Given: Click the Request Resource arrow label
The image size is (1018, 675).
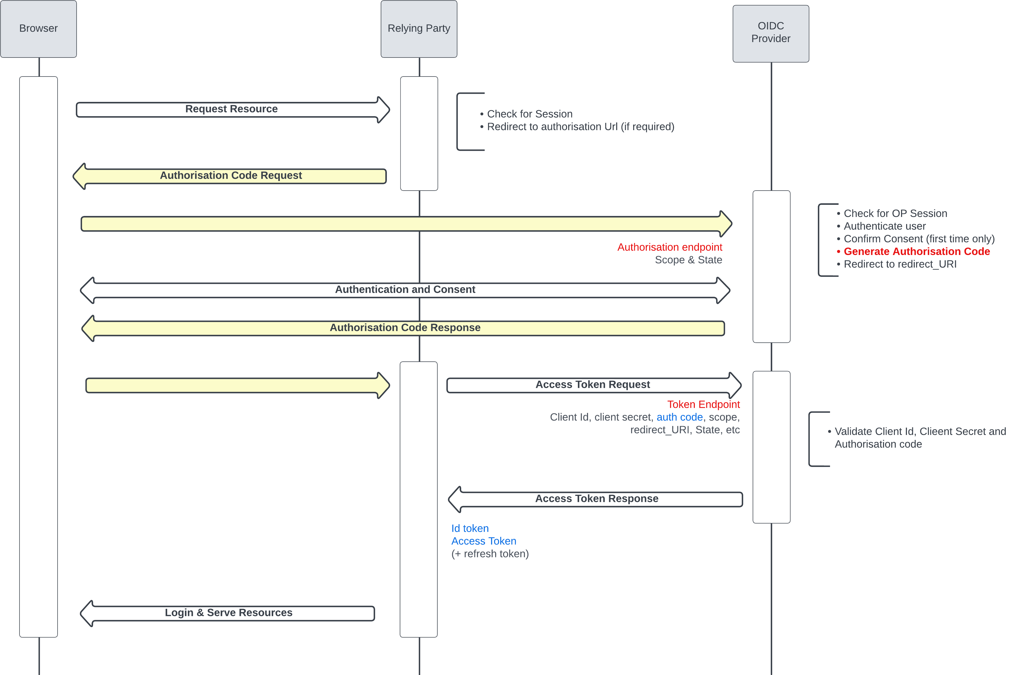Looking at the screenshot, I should tap(231, 109).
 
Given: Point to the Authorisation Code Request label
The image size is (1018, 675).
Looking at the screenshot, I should tap(231, 176).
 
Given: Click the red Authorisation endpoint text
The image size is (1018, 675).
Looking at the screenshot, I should tap(669, 247).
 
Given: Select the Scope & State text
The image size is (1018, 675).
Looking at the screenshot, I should tap(688, 260).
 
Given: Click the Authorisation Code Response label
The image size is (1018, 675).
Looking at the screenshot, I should tap(405, 327).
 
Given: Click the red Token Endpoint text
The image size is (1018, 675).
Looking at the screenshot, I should tap(703, 405).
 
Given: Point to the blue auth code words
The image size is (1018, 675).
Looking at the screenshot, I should tap(679, 417).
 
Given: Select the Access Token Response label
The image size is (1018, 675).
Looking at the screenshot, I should tap(597, 499).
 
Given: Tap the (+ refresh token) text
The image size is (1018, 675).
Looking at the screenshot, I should tap(490, 554).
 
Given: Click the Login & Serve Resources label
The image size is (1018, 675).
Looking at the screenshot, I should tap(228, 613).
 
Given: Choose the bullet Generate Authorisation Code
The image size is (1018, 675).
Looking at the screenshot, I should tap(916, 251).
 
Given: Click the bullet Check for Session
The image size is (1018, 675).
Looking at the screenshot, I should tap(529, 114).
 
